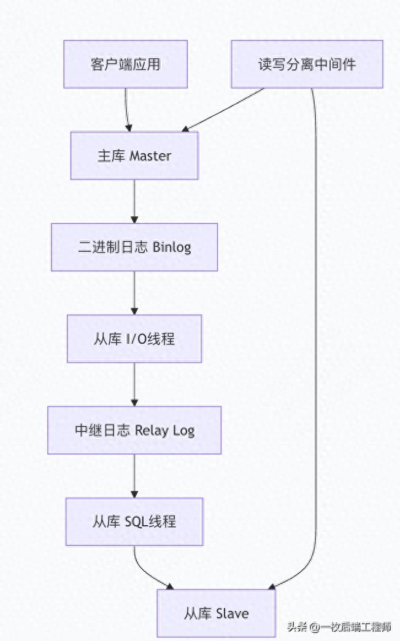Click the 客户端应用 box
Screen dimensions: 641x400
[x=126, y=64]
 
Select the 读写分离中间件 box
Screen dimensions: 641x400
[x=307, y=64]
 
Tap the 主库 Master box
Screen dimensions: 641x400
[x=134, y=156]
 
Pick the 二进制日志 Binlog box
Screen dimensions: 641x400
[x=134, y=247]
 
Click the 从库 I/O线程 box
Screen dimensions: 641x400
[x=134, y=338]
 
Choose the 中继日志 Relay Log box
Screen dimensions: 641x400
[x=134, y=430]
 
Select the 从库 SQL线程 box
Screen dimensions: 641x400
[x=134, y=522]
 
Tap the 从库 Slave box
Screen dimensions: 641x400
[x=217, y=613]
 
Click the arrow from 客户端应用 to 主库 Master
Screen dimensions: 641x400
[x=127, y=110]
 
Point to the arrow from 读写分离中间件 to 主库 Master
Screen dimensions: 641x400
[x=224, y=110]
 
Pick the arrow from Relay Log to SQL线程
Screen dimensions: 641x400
[x=134, y=476]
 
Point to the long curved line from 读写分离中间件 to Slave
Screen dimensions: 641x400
[x=317, y=337]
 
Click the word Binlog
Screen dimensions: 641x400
[x=172, y=248]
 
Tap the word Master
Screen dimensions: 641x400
[x=151, y=156]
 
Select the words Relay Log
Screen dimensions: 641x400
[x=164, y=430]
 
